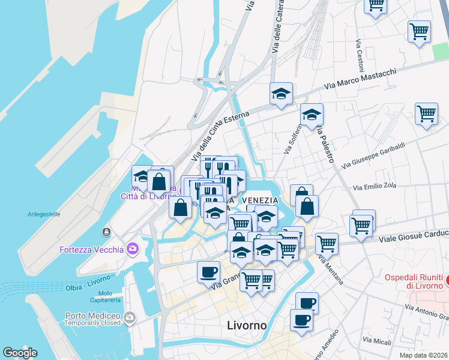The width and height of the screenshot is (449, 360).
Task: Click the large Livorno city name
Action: click(x=247, y=326)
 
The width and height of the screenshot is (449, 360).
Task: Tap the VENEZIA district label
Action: click(x=260, y=200)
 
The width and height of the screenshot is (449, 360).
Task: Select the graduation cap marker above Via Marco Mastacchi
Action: click(x=280, y=94)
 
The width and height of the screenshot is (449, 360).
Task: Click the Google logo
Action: click(x=20, y=353)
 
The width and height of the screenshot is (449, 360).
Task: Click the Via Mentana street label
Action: click(x=331, y=269)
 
